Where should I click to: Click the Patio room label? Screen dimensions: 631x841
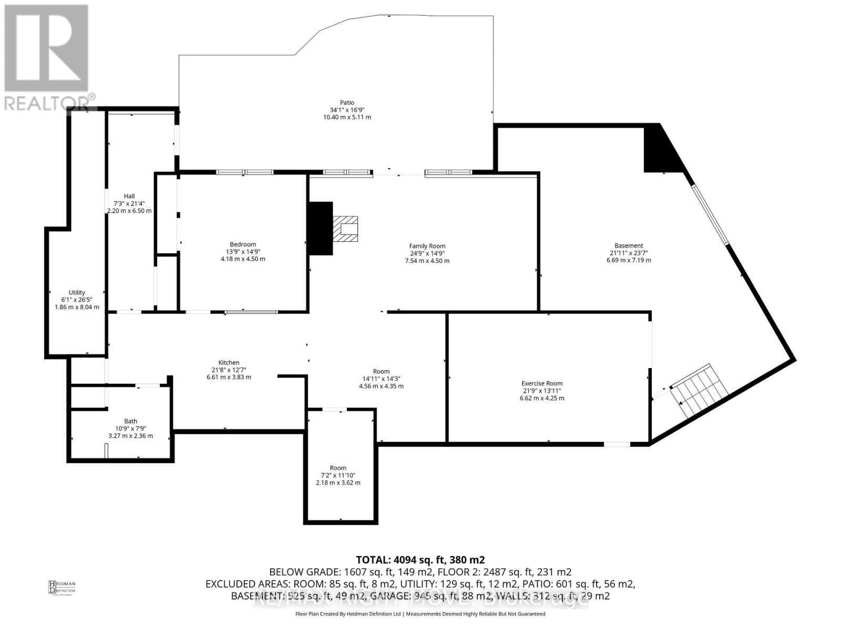347,103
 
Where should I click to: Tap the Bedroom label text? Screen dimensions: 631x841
243,244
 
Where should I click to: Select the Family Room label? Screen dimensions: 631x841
427,246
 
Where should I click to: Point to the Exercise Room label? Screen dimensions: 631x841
542,383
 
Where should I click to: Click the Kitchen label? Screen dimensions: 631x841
229,362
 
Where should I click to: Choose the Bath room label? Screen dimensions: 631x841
130,421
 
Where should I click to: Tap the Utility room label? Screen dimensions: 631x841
77,292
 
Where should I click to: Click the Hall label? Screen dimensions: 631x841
129,196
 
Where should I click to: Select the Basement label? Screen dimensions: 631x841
629,246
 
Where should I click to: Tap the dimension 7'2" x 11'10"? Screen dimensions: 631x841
338,475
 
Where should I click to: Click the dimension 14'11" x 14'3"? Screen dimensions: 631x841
382,379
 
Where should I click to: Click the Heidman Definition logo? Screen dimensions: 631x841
62,587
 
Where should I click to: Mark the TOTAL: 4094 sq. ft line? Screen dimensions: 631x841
420,559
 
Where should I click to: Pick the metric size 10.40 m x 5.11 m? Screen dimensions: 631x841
347,117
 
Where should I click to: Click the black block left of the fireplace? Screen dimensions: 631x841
321,228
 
